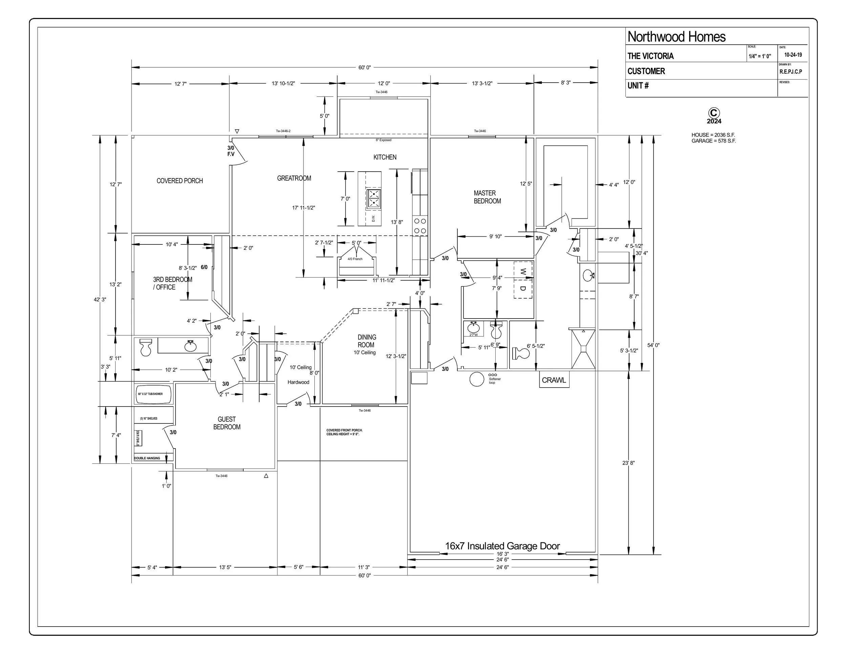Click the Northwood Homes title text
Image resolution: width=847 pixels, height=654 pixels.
(x=676, y=37)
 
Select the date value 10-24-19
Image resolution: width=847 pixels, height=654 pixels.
(x=793, y=55)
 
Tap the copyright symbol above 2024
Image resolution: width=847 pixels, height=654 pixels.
(x=714, y=113)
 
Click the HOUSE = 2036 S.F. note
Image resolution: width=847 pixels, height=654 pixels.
(x=713, y=135)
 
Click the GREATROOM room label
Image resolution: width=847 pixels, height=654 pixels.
(x=294, y=178)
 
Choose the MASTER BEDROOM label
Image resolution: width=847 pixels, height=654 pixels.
(x=487, y=197)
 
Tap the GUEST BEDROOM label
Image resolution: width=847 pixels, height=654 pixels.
(x=227, y=423)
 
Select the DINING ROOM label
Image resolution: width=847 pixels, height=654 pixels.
(x=366, y=341)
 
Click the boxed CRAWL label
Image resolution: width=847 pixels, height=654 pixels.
(x=554, y=380)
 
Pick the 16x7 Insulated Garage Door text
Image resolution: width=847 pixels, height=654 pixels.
(x=502, y=546)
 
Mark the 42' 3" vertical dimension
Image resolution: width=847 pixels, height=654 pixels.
(x=100, y=300)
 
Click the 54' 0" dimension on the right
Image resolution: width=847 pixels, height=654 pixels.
(x=653, y=345)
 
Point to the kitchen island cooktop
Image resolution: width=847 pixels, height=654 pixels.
(x=373, y=198)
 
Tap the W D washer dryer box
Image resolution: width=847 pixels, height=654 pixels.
(x=523, y=280)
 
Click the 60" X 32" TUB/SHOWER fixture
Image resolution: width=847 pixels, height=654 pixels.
(x=154, y=394)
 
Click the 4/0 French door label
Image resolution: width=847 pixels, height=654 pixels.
(x=355, y=259)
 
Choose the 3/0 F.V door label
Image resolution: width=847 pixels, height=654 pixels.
(x=231, y=151)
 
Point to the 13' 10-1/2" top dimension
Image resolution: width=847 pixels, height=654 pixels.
(x=283, y=83)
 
